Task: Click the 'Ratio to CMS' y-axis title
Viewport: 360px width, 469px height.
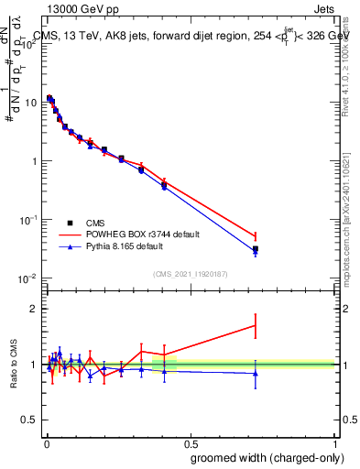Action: [x=13, y=365]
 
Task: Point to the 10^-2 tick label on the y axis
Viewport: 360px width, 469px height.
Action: [x=27, y=278]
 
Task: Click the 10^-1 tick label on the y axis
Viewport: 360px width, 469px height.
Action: [x=27, y=220]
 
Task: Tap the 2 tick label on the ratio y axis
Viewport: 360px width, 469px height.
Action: [x=35, y=309]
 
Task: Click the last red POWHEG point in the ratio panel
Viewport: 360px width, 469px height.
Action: [x=256, y=325]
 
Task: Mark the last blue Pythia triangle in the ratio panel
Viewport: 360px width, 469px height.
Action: [x=256, y=373]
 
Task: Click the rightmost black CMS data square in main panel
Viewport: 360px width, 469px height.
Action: [x=256, y=249]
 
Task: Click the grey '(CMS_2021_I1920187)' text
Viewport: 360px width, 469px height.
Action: [x=190, y=273]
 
